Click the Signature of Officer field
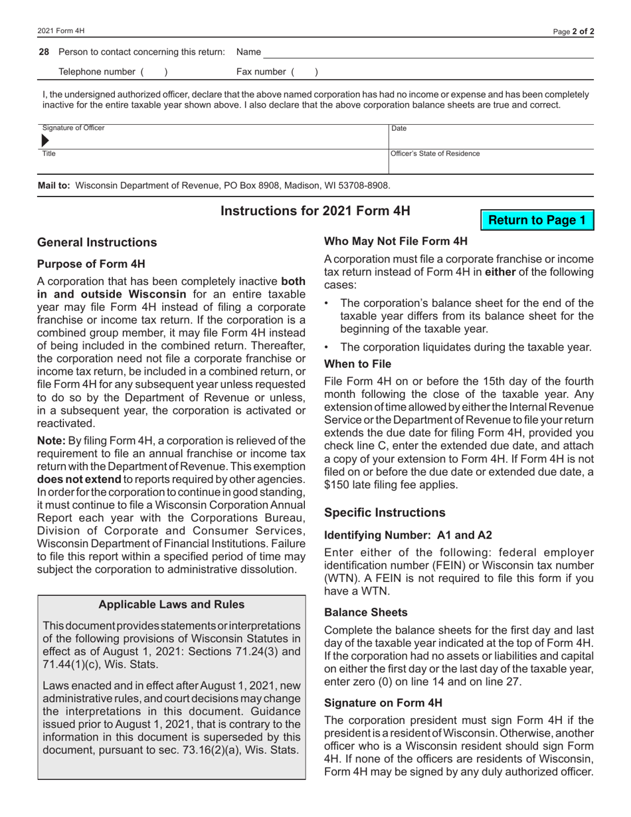point(213,140)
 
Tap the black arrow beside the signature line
point(45,141)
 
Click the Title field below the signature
point(213,163)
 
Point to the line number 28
point(44,52)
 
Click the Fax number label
point(261,71)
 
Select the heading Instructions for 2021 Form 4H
point(315,211)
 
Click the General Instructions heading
point(98,242)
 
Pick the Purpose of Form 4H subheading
point(90,264)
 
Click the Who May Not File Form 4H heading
point(396,241)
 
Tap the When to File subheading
point(358,364)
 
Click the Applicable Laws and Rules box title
point(171,604)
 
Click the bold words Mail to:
point(54,185)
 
